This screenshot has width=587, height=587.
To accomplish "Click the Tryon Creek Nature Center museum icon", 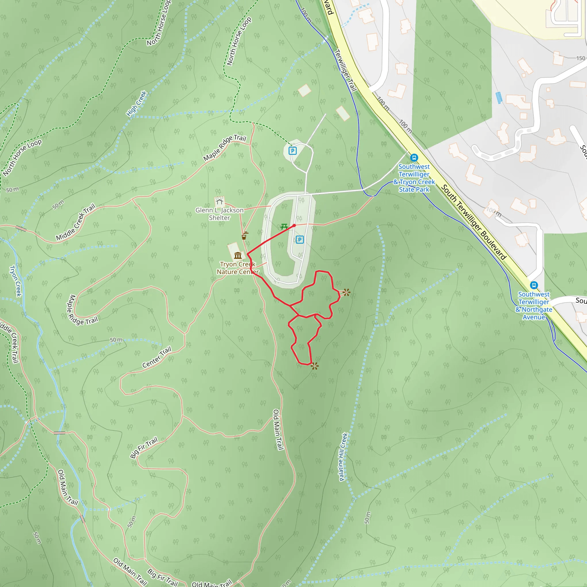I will [238, 255].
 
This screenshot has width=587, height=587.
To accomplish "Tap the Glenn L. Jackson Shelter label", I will [219, 214].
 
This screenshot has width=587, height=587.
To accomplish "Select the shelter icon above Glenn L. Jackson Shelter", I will [219, 201].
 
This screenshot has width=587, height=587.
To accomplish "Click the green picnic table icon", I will [284, 226].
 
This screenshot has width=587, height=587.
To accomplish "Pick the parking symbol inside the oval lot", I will [300, 240].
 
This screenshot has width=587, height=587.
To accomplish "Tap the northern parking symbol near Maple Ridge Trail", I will [292, 151].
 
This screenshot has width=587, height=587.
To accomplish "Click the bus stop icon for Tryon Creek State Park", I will [414, 158].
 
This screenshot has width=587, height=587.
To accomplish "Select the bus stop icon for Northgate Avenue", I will [534, 285].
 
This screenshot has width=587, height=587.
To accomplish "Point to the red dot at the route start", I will [294, 226].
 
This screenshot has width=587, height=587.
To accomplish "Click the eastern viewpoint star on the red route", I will [346, 293].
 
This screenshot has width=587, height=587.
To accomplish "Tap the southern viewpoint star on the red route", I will [314, 366].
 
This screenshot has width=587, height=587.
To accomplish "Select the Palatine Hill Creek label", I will [343, 457].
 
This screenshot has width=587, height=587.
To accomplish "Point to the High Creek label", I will [137, 103].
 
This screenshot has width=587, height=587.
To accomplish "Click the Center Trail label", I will [157, 357].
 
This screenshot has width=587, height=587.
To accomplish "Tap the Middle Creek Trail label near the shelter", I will [76, 222].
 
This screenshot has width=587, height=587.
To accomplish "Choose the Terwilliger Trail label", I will [345, 71].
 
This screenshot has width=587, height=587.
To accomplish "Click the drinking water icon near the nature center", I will [244, 236].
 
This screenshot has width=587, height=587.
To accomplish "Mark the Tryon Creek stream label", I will [15, 281].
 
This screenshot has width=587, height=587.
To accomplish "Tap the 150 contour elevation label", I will [580, 58].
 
